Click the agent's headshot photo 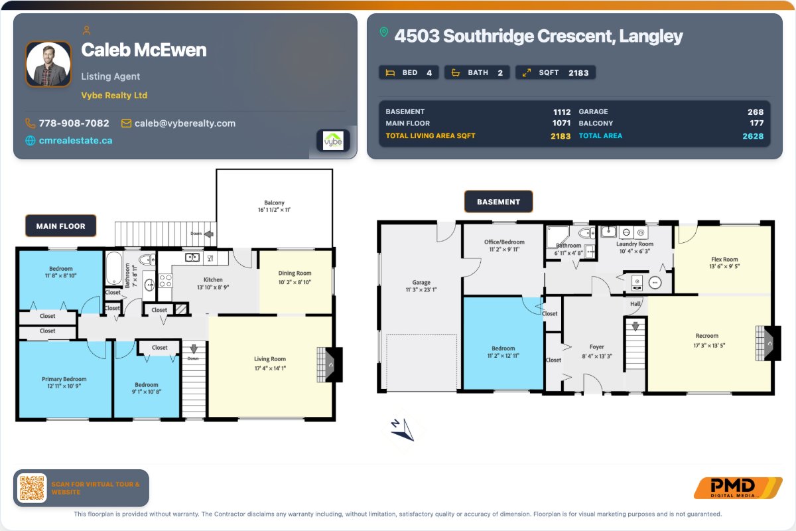point(48,64)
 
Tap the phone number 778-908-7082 point(74,123)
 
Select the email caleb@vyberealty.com point(185,123)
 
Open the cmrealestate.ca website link point(76,141)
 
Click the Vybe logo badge point(333,141)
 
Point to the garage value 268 point(756,112)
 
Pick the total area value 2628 point(753,136)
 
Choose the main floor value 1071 point(561,123)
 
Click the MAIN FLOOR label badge point(61,226)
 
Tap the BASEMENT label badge point(499,202)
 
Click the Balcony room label point(275,202)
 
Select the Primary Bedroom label point(64,379)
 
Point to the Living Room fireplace point(330,364)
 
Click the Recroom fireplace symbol point(768,343)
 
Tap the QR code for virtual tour point(32,488)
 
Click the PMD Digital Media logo point(738,488)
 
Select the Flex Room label point(724,260)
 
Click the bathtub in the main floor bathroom point(113,268)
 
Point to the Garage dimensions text point(421,289)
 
